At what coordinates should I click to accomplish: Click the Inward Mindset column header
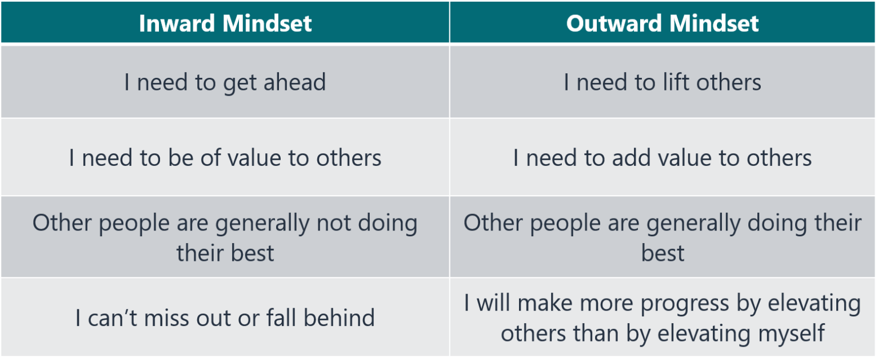coord(225,23)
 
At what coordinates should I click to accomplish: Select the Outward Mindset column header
coord(663,23)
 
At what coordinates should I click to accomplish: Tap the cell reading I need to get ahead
coord(225,82)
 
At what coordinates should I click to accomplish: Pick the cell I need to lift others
coord(663,82)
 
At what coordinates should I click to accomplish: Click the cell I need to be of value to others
coord(225,158)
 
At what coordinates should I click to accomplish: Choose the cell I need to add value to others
coord(663,158)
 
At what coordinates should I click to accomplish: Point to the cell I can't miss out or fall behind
coord(225,318)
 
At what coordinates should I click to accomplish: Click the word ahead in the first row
coord(294,82)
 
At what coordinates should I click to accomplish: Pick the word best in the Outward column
coord(663,252)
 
